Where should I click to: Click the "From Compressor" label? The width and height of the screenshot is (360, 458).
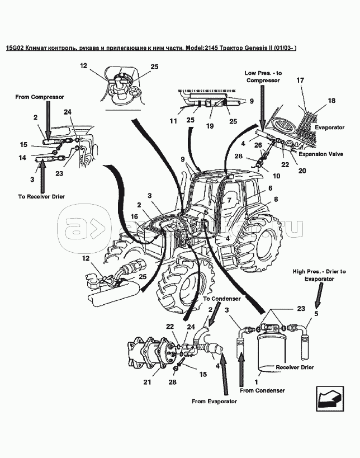point(40,97)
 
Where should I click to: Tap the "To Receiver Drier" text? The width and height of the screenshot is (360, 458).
point(41,197)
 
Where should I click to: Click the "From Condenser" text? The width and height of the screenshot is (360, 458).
point(263,390)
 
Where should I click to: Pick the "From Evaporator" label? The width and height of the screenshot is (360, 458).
point(214,401)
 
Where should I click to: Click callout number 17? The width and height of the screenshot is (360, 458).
point(300,80)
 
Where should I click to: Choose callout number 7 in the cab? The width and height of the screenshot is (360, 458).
point(229,200)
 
